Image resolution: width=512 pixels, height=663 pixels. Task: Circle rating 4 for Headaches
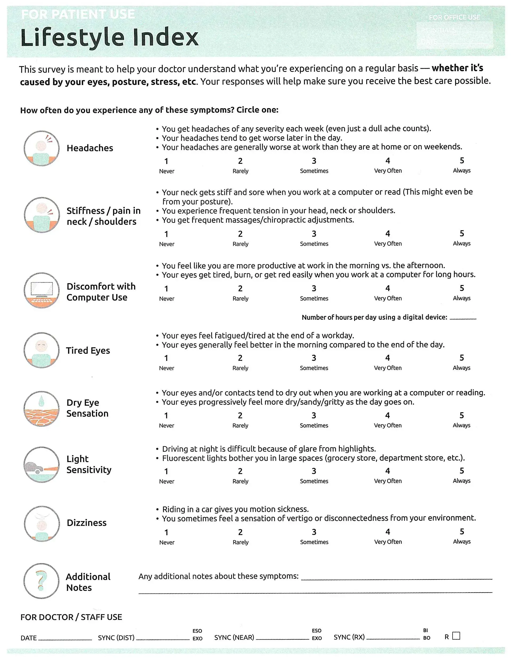click(387, 161)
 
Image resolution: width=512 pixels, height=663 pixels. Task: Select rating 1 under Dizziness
click(166, 532)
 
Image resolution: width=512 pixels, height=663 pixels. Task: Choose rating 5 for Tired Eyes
click(461, 358)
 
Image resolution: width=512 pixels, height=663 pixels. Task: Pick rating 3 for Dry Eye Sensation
click(314, 415)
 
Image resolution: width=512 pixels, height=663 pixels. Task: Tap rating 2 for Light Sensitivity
click(240, 471)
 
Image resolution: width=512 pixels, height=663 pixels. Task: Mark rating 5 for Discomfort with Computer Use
click(461, 288)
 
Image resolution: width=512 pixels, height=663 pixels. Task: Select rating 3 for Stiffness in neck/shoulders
click(314, 234)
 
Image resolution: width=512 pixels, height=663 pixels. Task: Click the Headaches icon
click(42, 148)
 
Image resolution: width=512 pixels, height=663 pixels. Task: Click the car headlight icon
click(42, 465)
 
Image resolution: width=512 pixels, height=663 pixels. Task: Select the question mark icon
click(42, 581)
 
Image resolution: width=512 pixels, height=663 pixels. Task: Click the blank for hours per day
click(463, 317)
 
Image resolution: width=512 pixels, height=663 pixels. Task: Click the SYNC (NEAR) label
click(234, 637)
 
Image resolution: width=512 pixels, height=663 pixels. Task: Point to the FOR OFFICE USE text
click(454, 17)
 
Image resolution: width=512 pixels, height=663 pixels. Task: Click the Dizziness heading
click(86, 523)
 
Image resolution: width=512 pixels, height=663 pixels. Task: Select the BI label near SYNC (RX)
click(426, 630)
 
